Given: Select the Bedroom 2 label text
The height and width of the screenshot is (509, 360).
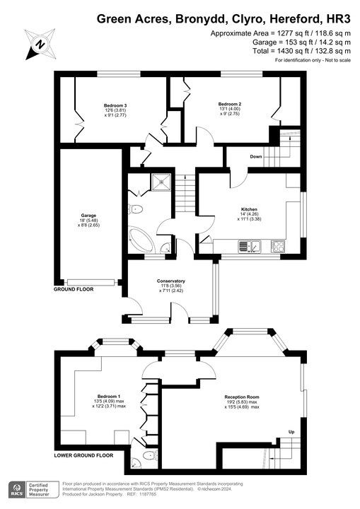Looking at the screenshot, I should [x=230, y=105].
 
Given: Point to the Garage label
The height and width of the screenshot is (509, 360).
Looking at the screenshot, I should [x=88, y=215].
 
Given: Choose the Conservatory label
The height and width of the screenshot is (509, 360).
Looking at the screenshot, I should [x=170, y=281].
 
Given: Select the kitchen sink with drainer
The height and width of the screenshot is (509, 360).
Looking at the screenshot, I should [x=250, y=247].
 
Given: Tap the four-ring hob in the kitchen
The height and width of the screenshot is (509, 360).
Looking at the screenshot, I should [x=278, y=247].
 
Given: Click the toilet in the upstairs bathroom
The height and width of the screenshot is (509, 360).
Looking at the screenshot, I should [x=136, y=209].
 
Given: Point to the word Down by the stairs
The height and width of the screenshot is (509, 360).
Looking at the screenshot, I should [x=256, y=156].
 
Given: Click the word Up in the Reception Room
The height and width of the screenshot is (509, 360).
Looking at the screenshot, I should [x=291, y=432].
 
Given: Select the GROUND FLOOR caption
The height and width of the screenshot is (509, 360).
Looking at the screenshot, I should [x=76, y=291].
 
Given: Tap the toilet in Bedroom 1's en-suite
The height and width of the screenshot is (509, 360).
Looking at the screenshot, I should [x=146, y=457].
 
